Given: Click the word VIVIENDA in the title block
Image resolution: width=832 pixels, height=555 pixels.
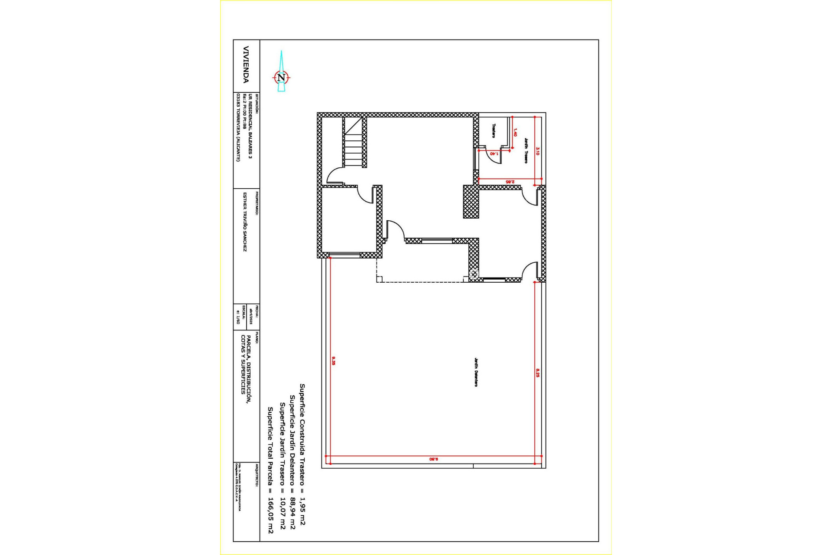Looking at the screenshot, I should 246,65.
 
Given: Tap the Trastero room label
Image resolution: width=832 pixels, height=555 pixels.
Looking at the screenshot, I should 494,131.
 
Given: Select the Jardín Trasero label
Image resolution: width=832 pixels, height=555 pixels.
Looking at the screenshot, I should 526,150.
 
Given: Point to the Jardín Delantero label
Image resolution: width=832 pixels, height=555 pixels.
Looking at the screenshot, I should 476,372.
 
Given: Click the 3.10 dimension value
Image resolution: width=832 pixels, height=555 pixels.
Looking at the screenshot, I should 538,151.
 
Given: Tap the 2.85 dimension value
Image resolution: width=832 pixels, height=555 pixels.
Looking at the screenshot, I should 510,182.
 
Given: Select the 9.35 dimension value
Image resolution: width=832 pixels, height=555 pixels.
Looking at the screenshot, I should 333,361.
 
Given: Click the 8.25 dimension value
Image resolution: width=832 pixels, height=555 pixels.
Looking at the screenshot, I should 538,373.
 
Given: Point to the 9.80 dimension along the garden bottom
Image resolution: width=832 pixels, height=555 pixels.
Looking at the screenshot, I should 433,459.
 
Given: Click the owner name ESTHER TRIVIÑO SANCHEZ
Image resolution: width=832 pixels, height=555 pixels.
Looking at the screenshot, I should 244,222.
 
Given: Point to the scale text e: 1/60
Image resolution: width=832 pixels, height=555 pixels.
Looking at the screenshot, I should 238,317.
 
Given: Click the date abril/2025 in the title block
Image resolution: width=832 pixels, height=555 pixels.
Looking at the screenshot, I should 250,317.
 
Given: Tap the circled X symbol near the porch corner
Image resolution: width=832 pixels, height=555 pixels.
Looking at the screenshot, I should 474,274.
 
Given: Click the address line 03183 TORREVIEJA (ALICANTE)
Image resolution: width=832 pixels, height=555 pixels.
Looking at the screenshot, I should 238,127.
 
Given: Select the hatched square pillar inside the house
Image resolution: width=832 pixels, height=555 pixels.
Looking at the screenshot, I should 471,202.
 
